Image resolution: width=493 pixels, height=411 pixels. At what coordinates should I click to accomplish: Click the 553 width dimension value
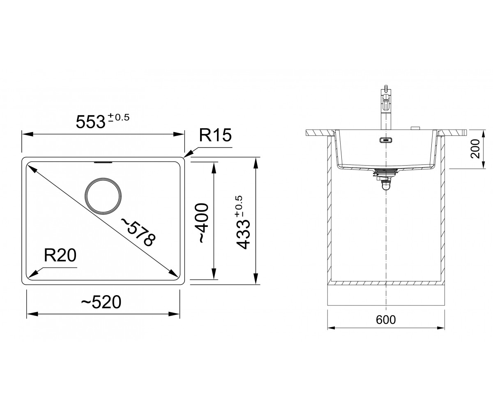90,122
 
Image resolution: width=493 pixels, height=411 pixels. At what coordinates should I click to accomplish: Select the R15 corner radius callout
215,135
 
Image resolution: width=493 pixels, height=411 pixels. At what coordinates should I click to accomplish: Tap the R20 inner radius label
60,255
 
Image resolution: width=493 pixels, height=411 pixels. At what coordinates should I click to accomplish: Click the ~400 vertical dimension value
203,223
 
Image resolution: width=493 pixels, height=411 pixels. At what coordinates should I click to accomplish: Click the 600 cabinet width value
386,320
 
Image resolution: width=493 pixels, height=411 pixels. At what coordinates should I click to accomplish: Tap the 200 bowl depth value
475,149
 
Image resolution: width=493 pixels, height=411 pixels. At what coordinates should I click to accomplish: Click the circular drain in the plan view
103,196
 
